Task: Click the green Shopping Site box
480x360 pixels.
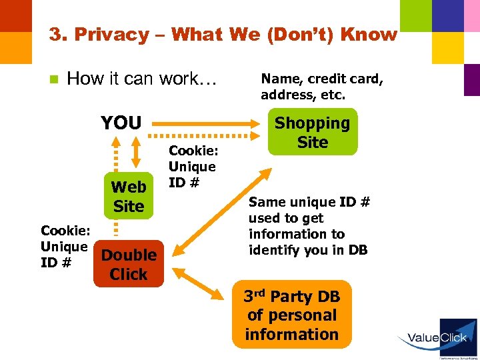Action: pos(312,132)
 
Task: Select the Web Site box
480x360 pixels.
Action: pos(129,196)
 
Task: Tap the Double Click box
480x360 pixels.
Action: pos(129,264)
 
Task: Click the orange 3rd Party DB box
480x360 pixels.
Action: pos(291,315)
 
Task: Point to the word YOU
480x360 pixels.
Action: pos(121,123)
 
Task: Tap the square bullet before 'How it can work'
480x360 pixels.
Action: pos(54,79)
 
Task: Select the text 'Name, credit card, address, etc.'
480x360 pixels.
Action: pos(322,87)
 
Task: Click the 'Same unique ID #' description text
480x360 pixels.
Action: pos(309,226)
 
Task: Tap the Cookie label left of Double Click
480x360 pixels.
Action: pos(64,247)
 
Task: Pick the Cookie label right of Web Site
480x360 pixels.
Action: pos(192,167)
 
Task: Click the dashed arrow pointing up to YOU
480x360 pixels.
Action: pos(115,160)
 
